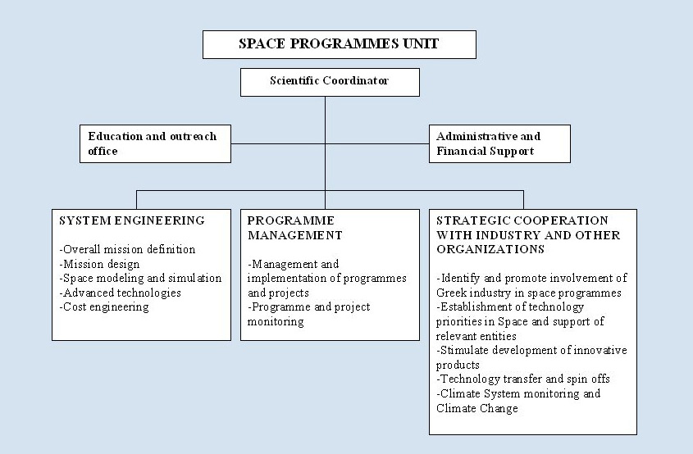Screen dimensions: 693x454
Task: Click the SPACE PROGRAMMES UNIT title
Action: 339,43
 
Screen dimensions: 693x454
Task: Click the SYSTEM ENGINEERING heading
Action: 132,220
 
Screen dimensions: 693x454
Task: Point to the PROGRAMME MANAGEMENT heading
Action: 294,228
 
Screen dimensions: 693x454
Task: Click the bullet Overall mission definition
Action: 127,249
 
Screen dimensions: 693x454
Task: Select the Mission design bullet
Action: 99,264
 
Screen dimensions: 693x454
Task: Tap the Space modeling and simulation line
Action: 140,279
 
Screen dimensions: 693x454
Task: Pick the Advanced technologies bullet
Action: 121,293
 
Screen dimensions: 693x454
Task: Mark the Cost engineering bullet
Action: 104,307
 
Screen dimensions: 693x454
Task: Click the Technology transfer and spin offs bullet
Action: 523,379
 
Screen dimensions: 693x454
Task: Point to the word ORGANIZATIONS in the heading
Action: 490,249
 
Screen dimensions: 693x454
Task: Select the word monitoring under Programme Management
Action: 276,321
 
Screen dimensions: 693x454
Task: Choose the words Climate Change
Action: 476,408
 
